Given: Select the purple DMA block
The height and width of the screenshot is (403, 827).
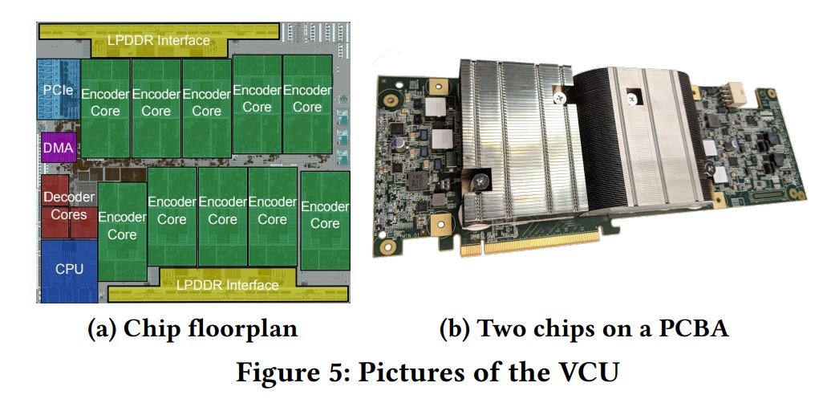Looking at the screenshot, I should (58, 148).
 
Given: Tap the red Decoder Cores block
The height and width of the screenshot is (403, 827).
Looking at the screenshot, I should (69, 206).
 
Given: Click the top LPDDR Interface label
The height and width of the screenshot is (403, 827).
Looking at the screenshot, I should (159, 39).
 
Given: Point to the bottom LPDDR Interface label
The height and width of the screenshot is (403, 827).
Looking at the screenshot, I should (229, 285).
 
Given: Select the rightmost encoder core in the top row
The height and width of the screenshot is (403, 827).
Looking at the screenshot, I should (307, 97).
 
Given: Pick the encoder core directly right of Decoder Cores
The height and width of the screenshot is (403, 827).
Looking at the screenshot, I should (122, 226).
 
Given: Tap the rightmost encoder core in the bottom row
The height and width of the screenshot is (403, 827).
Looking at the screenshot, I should (325, 214).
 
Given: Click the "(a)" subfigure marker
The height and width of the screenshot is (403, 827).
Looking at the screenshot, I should (102, 329).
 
